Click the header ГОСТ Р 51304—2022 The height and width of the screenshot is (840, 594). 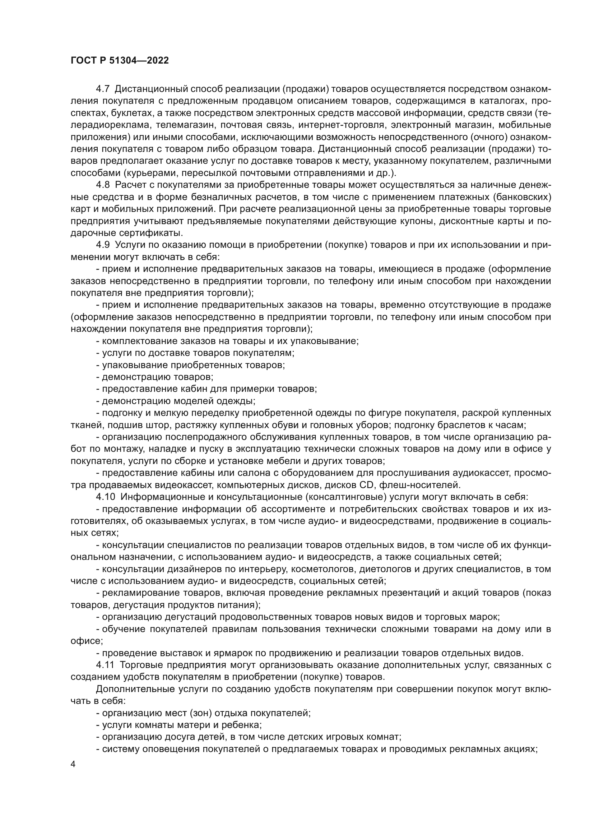120,61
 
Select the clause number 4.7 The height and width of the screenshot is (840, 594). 103,89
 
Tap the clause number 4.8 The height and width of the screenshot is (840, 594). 103,185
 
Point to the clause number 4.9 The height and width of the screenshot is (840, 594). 103,245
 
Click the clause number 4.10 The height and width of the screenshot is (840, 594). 106,497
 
